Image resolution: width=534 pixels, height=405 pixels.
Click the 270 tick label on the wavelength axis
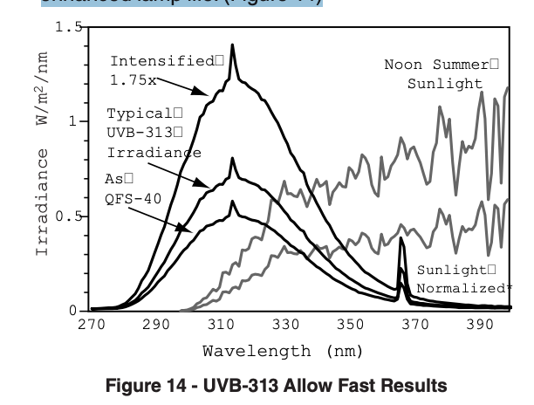(91, 325)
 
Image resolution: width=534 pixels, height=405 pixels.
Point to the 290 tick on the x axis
(155, 325)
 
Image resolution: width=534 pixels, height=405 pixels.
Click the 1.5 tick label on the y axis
(66, 27)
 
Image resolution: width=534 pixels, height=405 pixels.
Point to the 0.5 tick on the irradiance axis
(66, 216)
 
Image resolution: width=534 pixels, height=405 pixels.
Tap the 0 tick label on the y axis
(73, 311)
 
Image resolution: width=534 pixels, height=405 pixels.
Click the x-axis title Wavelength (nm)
(277, 351)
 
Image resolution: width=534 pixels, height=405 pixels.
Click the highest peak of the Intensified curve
(232, 45)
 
